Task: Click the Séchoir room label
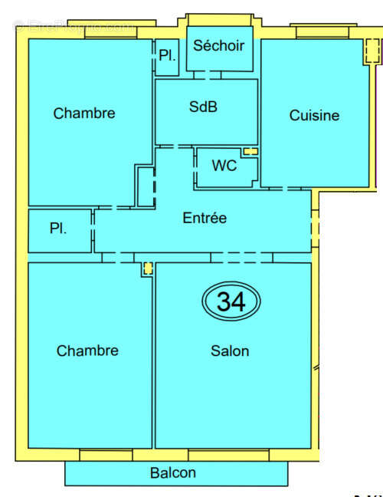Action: [x=219, y=46]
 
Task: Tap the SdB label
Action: [x=204, y=107]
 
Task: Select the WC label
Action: [x=224, y=166]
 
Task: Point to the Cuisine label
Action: [x=314, y=116]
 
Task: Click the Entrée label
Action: [x=205, y=218]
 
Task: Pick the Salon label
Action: [x=230, y=351]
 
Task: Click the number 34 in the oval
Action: [x=231, y=301]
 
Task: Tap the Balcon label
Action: [x=173, y=472]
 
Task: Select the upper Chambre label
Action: [x=84, y=114]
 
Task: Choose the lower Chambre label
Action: [x=87, y=351]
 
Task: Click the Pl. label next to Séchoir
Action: [x=167, y=55]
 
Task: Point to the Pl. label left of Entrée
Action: [x=57, y=229]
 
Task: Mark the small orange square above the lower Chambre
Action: [x=147, y=269]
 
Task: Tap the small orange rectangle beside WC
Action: [x=250, y=151]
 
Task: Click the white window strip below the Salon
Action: [x=228, y=456]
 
